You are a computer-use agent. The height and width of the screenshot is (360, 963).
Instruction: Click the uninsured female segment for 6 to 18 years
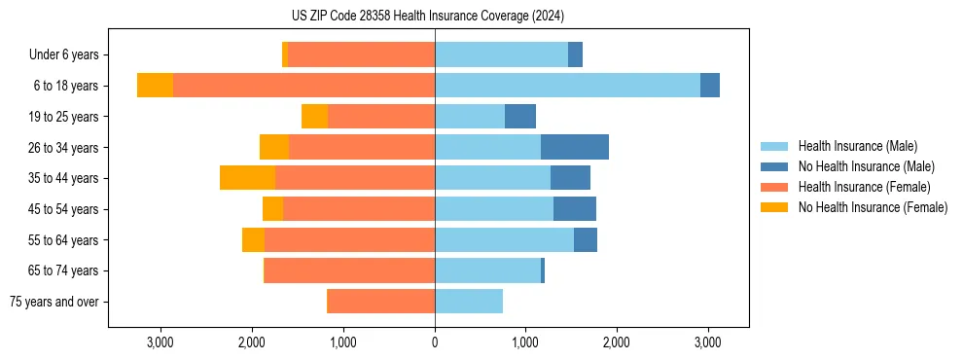tap(155, 86)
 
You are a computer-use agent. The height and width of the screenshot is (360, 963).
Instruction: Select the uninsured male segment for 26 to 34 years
tap(575, 147)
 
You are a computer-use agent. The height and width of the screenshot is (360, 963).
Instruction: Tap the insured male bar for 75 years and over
tap(469, 302)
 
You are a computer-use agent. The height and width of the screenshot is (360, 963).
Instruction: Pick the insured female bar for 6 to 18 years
tap(303, 86)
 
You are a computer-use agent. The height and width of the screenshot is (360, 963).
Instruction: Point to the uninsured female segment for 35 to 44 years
tap(247, 178)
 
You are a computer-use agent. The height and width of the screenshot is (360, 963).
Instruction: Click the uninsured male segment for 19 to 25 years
tap(520, 117)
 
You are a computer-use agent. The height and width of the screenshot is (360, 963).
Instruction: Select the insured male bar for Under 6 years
tap(501, 54)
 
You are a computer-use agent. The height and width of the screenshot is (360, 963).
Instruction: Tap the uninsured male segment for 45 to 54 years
tap(575, 209)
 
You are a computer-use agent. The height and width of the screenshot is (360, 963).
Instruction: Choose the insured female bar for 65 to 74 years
tap(349, 270)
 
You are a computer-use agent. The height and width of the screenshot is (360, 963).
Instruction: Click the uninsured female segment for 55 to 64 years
tap(253, 240)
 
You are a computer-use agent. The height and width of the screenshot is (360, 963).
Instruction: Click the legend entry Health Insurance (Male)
tap(857, 146)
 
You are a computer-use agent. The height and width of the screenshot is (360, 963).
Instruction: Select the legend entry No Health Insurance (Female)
tap(873, 207)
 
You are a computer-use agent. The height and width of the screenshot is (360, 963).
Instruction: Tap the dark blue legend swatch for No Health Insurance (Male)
tap(775, 166)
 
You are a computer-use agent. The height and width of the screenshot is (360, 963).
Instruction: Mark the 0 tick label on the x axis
tap(435, 342)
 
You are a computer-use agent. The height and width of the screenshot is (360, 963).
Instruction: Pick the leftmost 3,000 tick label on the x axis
tap(160, 342)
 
